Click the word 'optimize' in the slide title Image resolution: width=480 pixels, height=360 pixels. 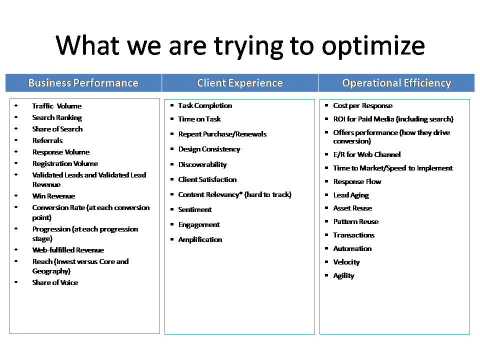373,46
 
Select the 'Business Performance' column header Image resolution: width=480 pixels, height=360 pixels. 83,83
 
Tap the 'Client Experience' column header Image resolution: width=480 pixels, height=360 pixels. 239,83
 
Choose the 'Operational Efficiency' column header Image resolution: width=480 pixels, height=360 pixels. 396,83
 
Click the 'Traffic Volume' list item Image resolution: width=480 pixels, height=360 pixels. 57,106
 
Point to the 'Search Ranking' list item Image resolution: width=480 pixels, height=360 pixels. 57,117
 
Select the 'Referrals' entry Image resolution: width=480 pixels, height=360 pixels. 47,140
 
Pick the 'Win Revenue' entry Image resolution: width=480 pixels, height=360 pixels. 53,196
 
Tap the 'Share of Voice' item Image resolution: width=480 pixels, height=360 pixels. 55,282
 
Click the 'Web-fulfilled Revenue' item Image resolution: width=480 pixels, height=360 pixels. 68,250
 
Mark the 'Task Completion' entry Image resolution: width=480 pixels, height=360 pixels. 205,105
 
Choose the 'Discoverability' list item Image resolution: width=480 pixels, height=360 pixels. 202,164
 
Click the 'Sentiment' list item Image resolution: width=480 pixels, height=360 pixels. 195,209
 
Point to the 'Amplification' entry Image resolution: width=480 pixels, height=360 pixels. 200,239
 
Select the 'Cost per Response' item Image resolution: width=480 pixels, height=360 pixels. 363,105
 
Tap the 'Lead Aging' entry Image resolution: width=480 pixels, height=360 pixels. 351,195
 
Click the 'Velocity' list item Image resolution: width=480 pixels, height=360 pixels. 346,262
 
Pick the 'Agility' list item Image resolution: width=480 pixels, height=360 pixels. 344,276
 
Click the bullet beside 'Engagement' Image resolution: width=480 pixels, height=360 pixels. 172,224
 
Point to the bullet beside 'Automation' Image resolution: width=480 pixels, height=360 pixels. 326,248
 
